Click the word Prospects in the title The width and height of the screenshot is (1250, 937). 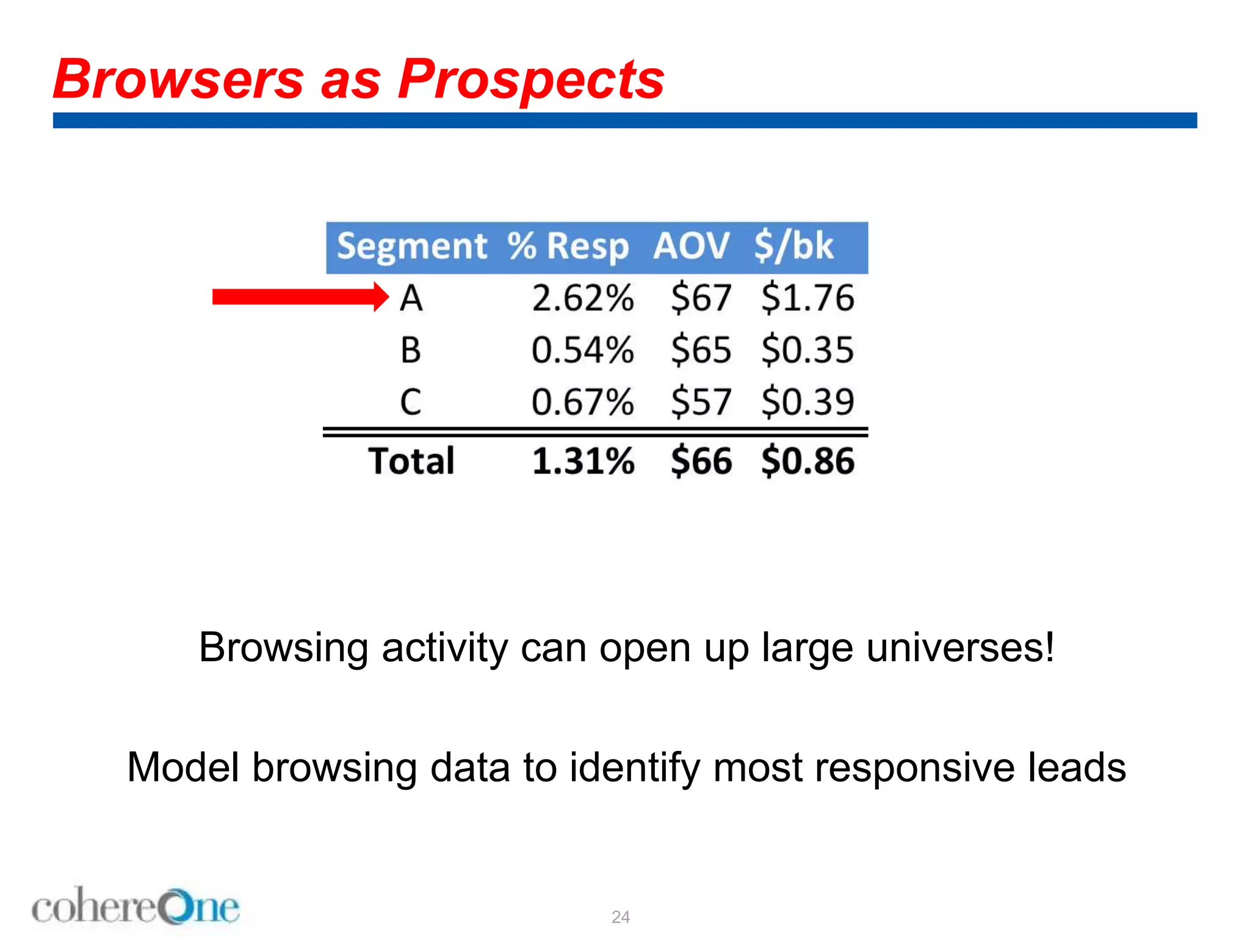click(x=530, y=81)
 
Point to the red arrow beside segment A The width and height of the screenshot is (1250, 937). click(x=299, y=297)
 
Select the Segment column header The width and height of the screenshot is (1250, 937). click(x=412, y=246)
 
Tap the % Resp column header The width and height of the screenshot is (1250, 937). click(x=568, y=246)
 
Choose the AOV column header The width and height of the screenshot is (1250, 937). click(x=691, y=246)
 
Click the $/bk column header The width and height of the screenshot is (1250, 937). click(x=793, y=246)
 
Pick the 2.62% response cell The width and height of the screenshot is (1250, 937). click(x=582, y=298)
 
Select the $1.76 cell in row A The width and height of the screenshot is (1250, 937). click(x=807, y=298)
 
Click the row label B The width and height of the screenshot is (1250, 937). click(x=411, y=350)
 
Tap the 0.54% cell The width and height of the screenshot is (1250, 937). click(x=582, y=350)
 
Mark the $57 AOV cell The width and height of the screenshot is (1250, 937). click(x=701, y=402)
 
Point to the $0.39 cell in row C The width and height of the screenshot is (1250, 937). click(x=807, y=402)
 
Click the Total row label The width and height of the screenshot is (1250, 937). click(x=411, y=461)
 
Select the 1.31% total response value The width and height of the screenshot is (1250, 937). click(x=582, y=461)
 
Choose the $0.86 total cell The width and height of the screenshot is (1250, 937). click(x=807, y=461)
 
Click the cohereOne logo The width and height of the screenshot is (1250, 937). click(x=135, y=907)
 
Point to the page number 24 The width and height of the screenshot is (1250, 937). click(x=620, y=917)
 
